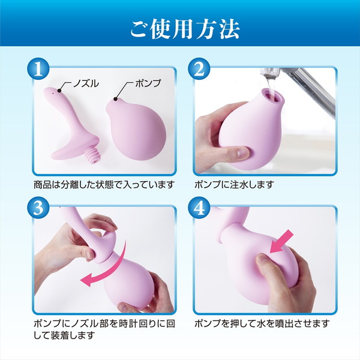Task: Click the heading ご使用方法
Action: [180, 28]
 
